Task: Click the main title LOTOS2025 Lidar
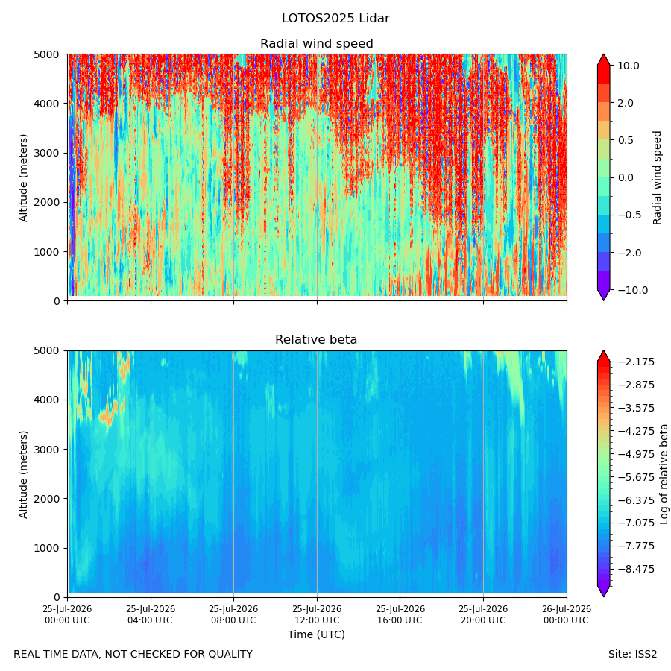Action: coord(335,19)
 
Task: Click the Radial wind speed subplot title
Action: coord(317,44)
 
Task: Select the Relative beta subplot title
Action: coord(316,340)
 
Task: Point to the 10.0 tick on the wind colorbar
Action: coord(629,66)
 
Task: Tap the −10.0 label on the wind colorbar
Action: coord(632,290)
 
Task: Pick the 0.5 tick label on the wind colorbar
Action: coord(626,140)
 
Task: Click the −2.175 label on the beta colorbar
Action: coord(636,362)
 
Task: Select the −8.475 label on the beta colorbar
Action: coord(636,569)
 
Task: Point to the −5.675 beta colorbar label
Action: coord(636,477)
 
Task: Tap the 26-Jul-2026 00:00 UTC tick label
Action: coord(566,614)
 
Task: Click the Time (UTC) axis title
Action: coord(316,634)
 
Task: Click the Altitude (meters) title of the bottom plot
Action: coord(23,474)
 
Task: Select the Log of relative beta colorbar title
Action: coord(664,474)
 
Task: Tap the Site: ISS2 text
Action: coord(632,654)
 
